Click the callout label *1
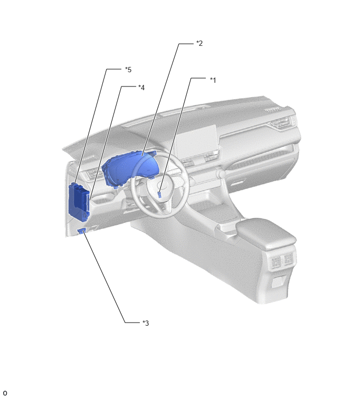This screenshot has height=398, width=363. coord(213,80)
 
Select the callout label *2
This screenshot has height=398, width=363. coord(199,43)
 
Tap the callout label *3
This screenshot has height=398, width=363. coord(146,323)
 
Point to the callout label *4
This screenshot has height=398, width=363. coord(141,88)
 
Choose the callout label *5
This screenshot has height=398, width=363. coord(128,70)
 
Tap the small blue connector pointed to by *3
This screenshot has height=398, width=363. coord(82,231)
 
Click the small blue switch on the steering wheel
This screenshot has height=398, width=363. coord(159,195)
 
